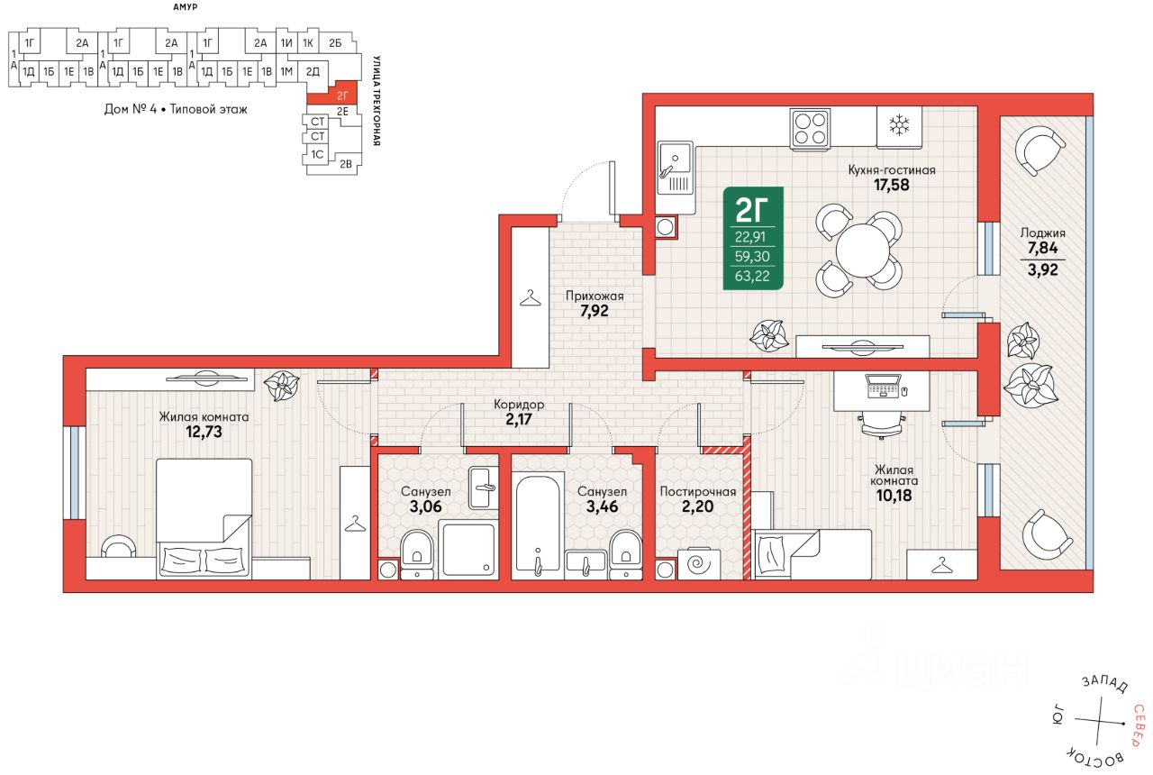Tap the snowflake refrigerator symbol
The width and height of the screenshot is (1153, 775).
click(899, 125)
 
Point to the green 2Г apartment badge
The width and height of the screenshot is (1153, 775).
click(753, 238)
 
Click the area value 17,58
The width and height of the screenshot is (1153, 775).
click(892, 185)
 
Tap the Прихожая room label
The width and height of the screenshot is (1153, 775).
click(595, 296)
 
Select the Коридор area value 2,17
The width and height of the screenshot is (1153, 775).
click(518, 419)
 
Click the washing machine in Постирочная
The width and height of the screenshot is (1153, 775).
click(698, 564)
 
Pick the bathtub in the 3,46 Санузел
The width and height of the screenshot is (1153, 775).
click(538, 524)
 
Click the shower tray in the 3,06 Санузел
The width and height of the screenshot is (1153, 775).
click(468, 550)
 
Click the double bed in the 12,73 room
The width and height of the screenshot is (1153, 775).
click(204, 518)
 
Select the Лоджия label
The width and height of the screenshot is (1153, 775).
click(1043, 232)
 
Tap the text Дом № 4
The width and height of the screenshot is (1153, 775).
click(131, 109)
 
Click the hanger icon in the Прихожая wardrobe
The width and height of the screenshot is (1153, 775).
click(531, 297)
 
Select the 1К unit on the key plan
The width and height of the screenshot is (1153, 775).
click(308, 43)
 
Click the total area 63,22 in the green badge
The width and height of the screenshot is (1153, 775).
click(752, 276)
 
